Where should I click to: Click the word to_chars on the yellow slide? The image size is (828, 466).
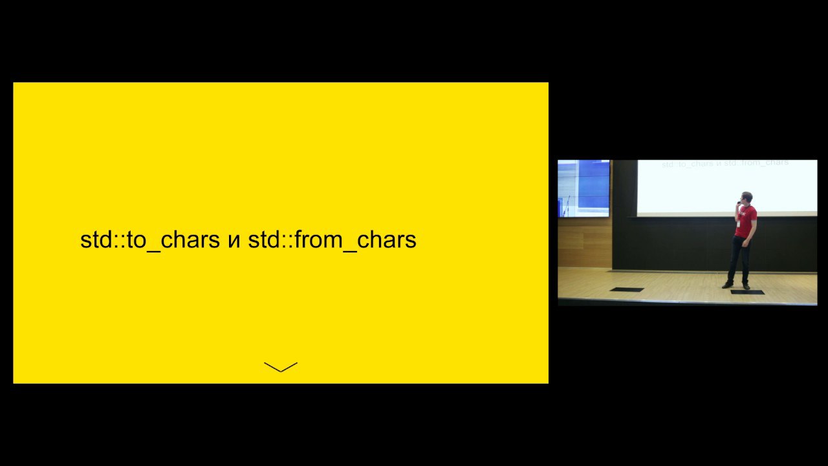[x=173, y=239]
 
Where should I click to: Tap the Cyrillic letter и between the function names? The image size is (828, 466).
[x=234, y=241]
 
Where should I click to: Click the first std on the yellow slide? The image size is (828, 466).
[x=97, y=239]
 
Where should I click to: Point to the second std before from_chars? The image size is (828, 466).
[x=265, y=239]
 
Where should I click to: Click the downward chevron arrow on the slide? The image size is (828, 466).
[x=281, y=367]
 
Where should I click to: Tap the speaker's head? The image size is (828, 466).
[x=746, y=198]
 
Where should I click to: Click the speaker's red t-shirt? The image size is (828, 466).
[x=746, y=221]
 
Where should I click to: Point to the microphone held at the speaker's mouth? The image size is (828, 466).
[x=739, y=203]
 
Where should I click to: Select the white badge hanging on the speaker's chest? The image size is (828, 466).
[x=739, y=224]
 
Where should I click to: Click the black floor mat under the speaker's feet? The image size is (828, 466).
[x=747, y=292]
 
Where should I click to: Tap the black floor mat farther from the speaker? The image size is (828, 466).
[x=627, y=289]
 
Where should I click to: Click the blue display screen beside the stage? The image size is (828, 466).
[x=583, y=188]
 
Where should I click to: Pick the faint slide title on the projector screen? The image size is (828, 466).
[x=725, y=164]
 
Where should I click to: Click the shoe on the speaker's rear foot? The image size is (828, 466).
[x=728, y=285]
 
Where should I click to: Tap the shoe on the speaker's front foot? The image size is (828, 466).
[x=746, y=286]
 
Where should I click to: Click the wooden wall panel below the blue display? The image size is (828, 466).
[x=585, y=242]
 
